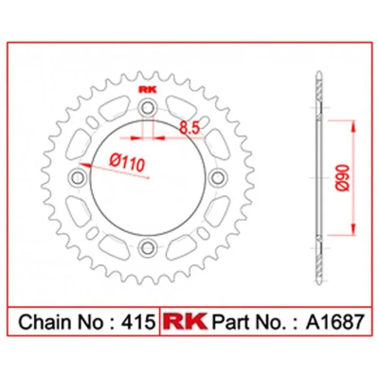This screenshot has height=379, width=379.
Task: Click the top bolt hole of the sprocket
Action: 147,108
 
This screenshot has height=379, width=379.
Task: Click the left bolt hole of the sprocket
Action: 77,178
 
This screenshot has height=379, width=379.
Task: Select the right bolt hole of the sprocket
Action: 218,178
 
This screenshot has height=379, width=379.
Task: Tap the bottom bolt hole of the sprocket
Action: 147,248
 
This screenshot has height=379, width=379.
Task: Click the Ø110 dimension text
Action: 127,162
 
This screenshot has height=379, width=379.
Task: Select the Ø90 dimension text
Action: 343,177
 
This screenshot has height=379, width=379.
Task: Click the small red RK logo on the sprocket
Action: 148,91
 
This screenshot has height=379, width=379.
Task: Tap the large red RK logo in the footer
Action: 186,321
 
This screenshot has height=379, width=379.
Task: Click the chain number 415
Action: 139,322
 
